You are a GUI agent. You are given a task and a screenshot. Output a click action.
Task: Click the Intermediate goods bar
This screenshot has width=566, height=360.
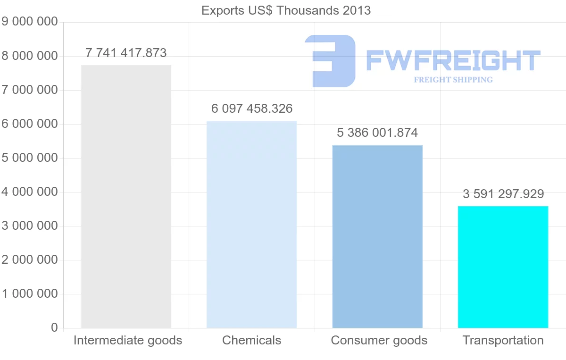126,196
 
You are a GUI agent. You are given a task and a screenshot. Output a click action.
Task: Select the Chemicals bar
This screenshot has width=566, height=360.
252,224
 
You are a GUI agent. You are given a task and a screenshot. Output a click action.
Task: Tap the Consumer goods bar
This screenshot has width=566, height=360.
377,236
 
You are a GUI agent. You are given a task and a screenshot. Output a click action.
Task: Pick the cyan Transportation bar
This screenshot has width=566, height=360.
503,267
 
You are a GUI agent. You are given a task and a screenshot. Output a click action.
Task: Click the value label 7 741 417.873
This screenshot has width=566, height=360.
126,53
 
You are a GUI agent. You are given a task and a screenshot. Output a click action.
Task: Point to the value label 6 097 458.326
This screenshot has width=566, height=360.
252,109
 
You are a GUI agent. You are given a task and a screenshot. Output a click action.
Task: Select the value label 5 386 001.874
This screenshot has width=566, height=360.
377,133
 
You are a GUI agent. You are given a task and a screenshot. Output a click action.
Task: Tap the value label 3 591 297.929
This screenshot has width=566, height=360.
503,193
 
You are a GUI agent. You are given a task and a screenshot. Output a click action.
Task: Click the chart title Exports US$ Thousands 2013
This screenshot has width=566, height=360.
286,10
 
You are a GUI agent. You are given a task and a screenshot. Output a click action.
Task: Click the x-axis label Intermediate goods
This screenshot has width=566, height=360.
128,340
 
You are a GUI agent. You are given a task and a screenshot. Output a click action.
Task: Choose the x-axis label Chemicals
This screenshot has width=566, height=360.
252,340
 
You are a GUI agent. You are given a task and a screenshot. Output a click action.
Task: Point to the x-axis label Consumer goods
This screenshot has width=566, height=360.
379,340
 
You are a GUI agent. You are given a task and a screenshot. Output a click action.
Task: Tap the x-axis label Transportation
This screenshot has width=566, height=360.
503,340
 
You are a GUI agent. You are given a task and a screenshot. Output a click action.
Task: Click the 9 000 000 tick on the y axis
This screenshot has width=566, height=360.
30,22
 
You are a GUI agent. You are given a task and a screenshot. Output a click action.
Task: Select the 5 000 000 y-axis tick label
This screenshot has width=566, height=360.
30,158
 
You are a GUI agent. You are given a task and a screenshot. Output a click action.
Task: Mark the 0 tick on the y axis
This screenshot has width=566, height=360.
54,327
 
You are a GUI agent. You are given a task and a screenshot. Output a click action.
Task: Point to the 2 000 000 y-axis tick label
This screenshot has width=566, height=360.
30,260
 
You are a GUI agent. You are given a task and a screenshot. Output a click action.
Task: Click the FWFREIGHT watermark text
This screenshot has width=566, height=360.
453,61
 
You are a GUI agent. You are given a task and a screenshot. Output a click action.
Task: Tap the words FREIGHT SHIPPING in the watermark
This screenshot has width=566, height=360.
453,80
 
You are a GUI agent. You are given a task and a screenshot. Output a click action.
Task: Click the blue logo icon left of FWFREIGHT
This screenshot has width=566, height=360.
330,61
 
